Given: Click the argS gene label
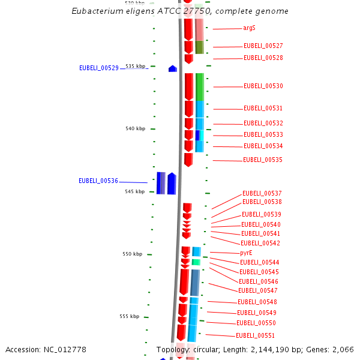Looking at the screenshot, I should coord(249,28).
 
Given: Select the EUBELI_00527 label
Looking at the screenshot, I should coord(263,46).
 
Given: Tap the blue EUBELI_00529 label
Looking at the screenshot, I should coord(99,68).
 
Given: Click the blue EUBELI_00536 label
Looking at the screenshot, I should coord(98,181).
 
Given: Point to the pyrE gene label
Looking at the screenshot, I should coord(246,253).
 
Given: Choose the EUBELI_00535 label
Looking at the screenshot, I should coord(262,160).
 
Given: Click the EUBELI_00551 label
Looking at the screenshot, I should coord(255,336).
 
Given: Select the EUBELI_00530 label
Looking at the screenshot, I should coord(263,86).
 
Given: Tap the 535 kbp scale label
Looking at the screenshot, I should coord(135,66).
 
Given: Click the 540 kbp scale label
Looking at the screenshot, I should coord(135,129).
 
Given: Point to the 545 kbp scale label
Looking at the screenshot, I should coord(135,192).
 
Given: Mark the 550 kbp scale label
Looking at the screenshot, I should coord(132,254).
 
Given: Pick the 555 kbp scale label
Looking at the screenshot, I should coord(129,317).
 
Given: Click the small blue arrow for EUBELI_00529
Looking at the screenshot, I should coord(173,69).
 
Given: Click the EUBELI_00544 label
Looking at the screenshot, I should coord(259,263).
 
